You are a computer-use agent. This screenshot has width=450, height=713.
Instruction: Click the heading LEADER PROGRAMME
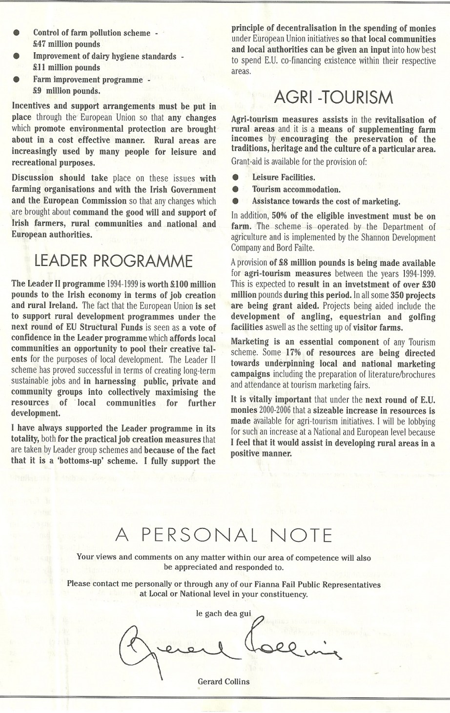pyautogui.click(x=113, y=262)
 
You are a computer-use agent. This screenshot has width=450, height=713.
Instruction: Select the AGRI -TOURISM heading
pyautogui.click(x=333, y=98)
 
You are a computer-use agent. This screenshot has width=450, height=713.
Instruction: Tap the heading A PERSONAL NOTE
pyautogui.click(x=224, y=535)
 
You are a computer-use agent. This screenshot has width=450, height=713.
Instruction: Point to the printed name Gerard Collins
pyautogui.click(x=224, y=682)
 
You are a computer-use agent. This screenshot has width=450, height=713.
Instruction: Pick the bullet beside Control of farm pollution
pyautogui.click(x=17, y=33)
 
